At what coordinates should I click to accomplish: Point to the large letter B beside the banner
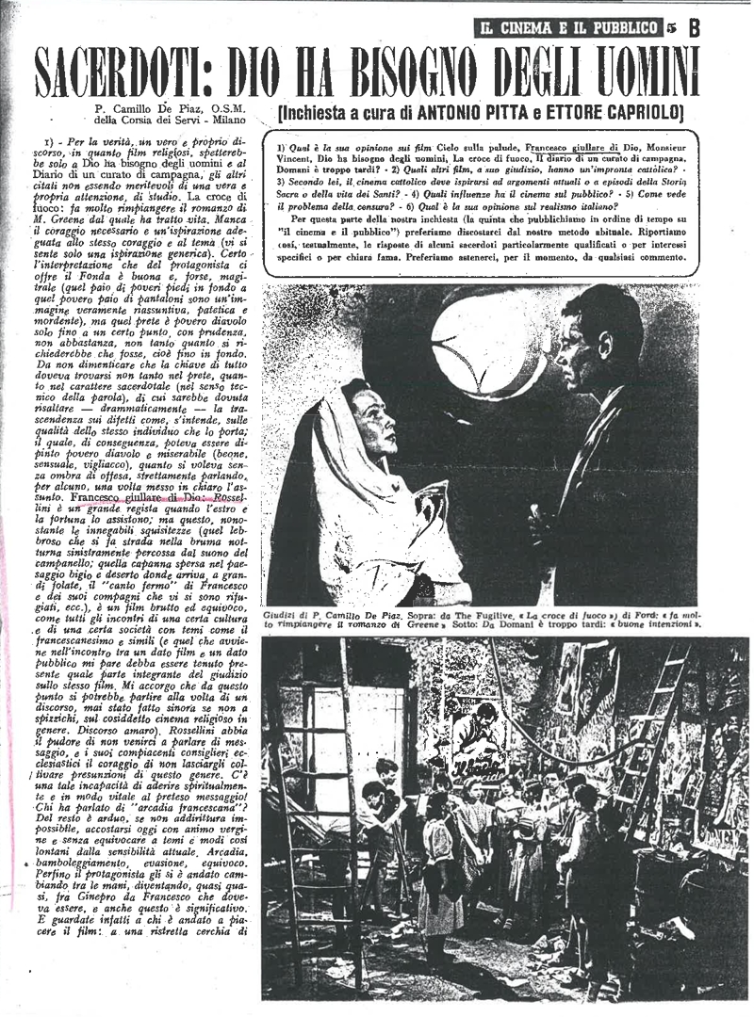pyautogui.click(x=695, y=28)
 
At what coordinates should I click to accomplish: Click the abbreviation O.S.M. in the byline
pyautogui.click(x=244, y=109)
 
